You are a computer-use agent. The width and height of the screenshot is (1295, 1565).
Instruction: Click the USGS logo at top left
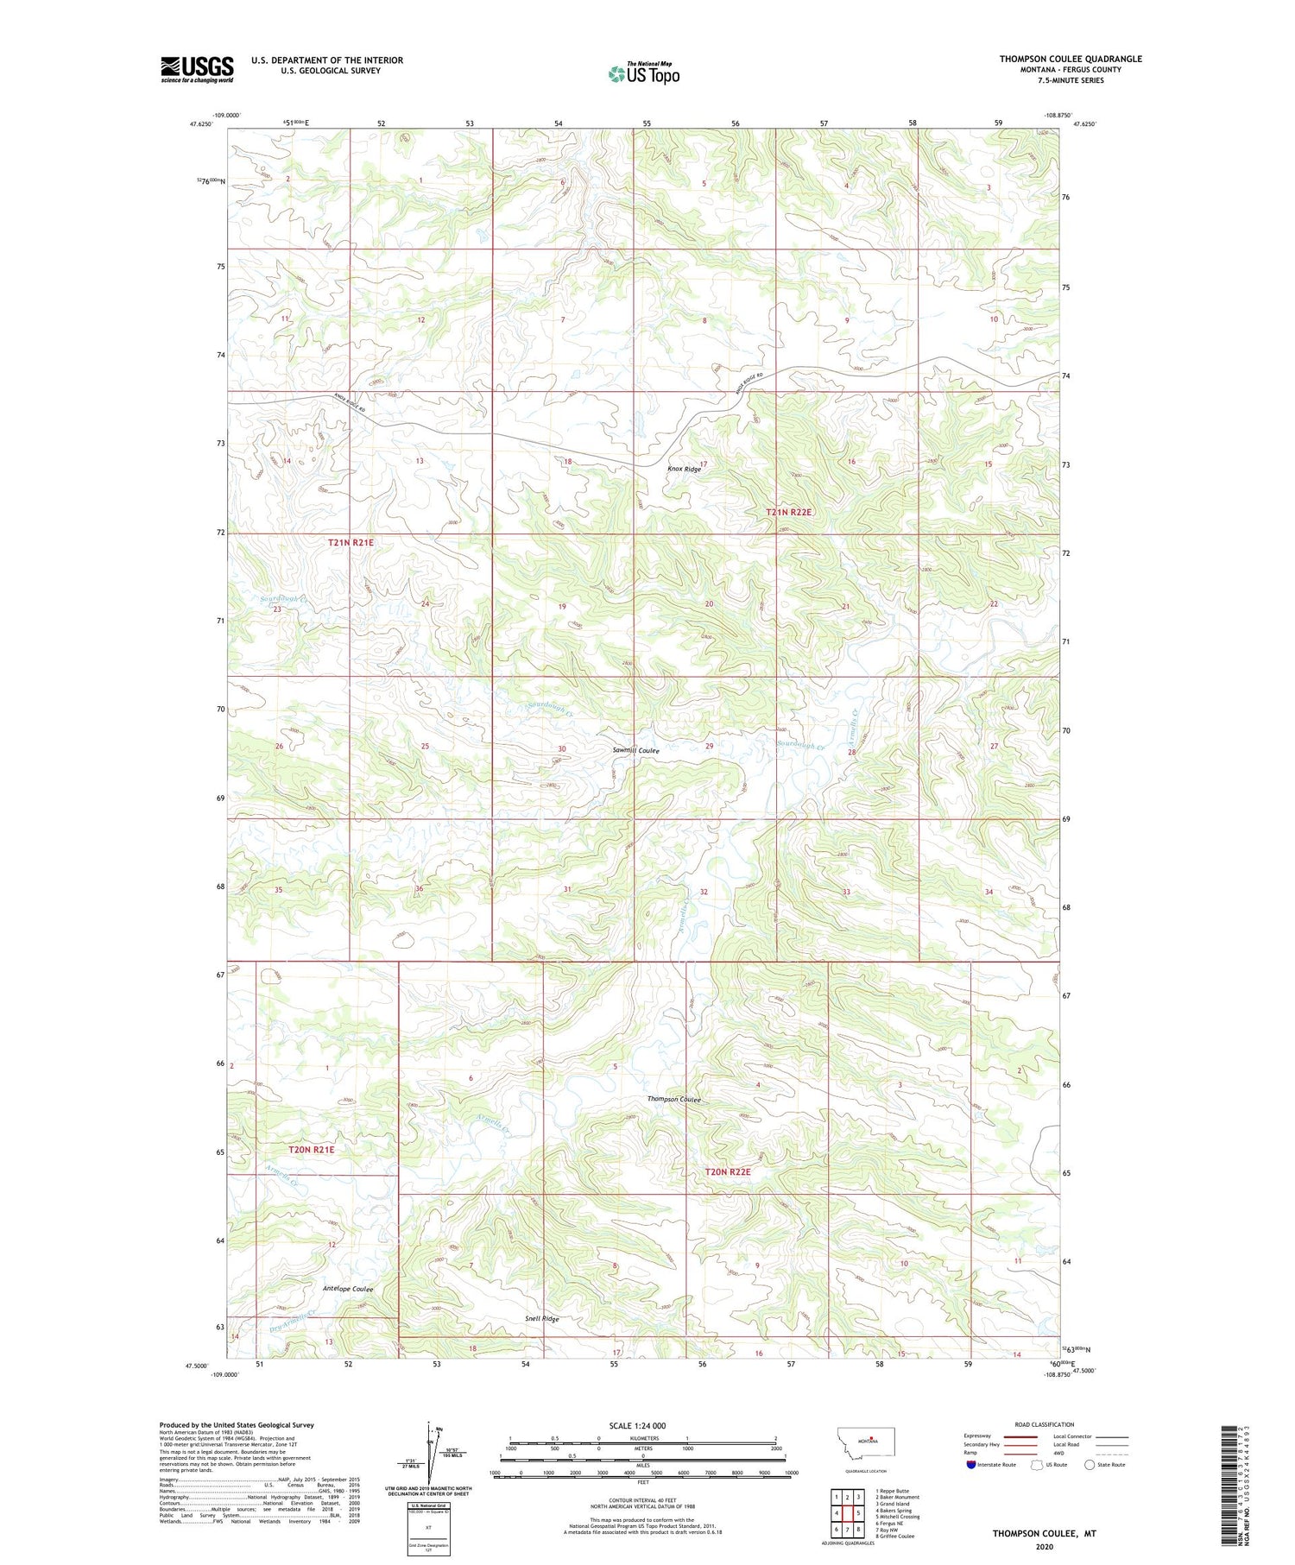pos(197,69)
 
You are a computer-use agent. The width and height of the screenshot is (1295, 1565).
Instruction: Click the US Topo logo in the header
pos(644,74)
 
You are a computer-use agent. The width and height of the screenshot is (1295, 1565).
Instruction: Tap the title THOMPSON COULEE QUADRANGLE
pos(1070,59)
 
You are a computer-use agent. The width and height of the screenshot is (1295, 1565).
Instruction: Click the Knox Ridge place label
pos(684,469)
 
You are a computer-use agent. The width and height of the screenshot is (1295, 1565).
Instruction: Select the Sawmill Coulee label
pos(635,751)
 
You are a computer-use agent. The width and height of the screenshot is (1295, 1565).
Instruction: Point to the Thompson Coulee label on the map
pos(674,1100)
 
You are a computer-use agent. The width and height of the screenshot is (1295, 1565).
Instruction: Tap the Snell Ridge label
pos(542,1319)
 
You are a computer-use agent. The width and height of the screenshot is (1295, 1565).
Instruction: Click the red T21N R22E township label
pos(789,512)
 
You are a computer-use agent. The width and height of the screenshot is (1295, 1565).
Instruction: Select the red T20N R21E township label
pos(311,1150)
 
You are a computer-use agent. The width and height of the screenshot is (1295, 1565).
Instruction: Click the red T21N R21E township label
pos(351,542)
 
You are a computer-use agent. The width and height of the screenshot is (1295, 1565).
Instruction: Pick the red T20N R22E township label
pos(728,1172)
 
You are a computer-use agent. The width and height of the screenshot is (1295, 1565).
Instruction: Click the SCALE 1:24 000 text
pos(637,1426)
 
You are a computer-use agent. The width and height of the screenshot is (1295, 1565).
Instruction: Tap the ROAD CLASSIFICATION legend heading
pos(1044,1424)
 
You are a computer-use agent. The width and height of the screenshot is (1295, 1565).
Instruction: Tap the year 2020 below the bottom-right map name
pos(1043,1541)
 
